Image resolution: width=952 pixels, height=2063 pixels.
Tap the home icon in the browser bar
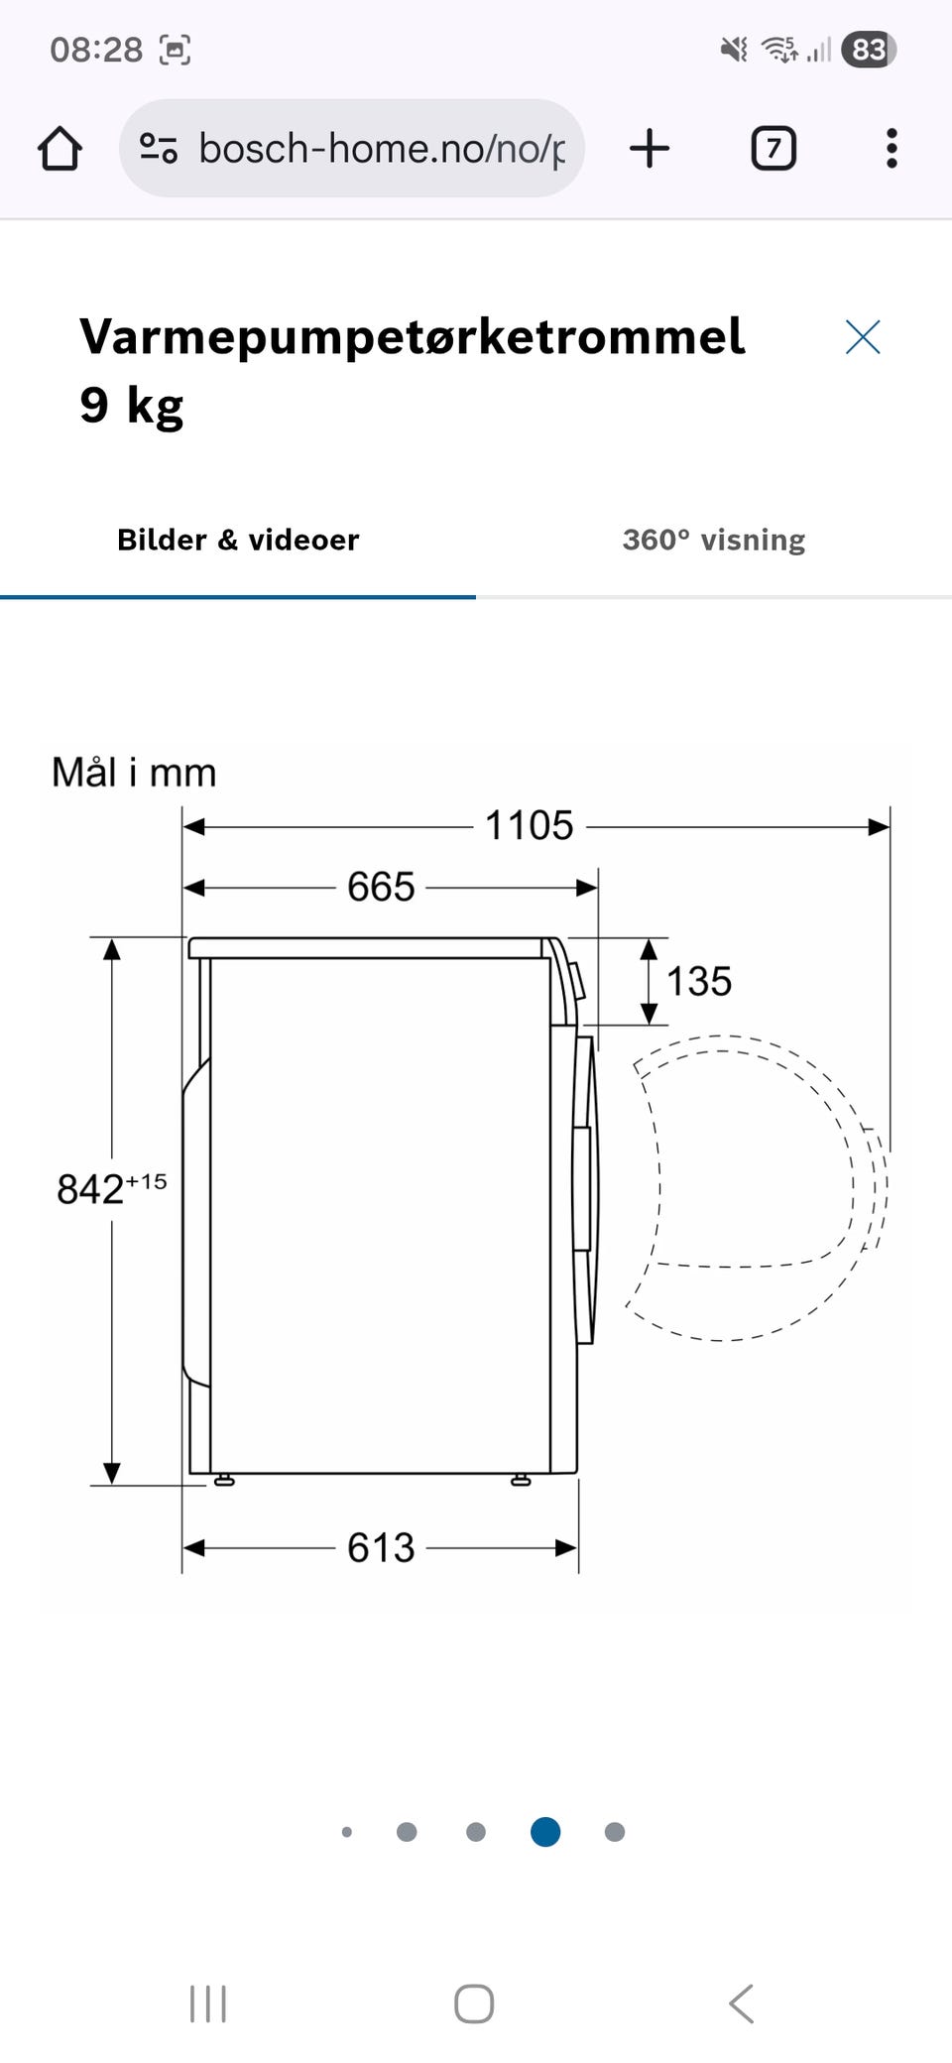point(59,149)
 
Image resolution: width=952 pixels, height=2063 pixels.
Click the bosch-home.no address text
point(382,149)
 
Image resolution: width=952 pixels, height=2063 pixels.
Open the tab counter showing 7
point(773,149)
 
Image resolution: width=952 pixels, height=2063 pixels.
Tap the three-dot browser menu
point(892,149)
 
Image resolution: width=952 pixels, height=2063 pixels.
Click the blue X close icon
point(863,337)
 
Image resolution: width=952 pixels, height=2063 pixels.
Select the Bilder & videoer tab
point(238,540)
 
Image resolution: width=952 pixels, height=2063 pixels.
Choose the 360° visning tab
point(714,540)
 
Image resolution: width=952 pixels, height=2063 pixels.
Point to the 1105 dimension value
point(529,825)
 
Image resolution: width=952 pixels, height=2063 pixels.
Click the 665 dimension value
point(381,887)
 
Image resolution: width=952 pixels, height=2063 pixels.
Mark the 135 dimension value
point(699,982)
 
